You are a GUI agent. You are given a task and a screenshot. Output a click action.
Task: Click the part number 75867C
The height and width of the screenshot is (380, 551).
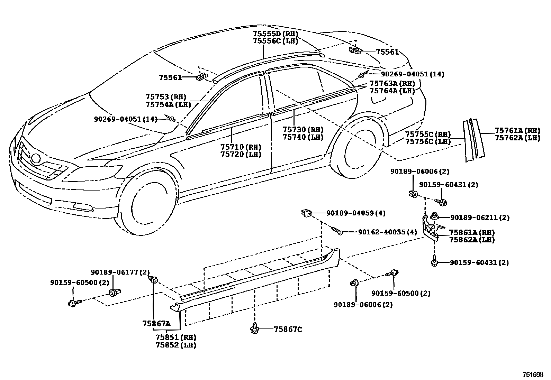288,329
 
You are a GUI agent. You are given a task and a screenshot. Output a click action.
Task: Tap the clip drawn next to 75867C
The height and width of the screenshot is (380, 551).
255,329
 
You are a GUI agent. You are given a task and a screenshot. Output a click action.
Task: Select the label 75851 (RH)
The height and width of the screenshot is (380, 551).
175,337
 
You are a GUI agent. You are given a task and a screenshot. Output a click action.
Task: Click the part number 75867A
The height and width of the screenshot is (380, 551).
156,324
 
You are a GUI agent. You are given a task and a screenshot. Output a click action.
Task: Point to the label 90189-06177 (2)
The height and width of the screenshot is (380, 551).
120,272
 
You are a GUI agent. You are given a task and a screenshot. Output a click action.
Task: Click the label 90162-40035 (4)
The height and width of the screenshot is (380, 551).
387,232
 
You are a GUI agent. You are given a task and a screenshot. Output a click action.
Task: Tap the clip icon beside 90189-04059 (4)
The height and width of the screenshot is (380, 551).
306,213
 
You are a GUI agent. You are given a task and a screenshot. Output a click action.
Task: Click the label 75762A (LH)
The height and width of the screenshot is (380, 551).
517,138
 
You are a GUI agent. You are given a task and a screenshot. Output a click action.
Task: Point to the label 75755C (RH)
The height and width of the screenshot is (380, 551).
428,134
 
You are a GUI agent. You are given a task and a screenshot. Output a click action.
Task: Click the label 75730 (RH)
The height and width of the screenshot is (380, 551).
302,129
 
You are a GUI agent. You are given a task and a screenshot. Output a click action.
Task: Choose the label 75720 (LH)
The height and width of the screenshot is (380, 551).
241,155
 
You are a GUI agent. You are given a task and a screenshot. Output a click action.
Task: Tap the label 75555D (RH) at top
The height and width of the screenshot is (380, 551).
275,34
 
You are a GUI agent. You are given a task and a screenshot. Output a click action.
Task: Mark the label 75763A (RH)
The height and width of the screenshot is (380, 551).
392,83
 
